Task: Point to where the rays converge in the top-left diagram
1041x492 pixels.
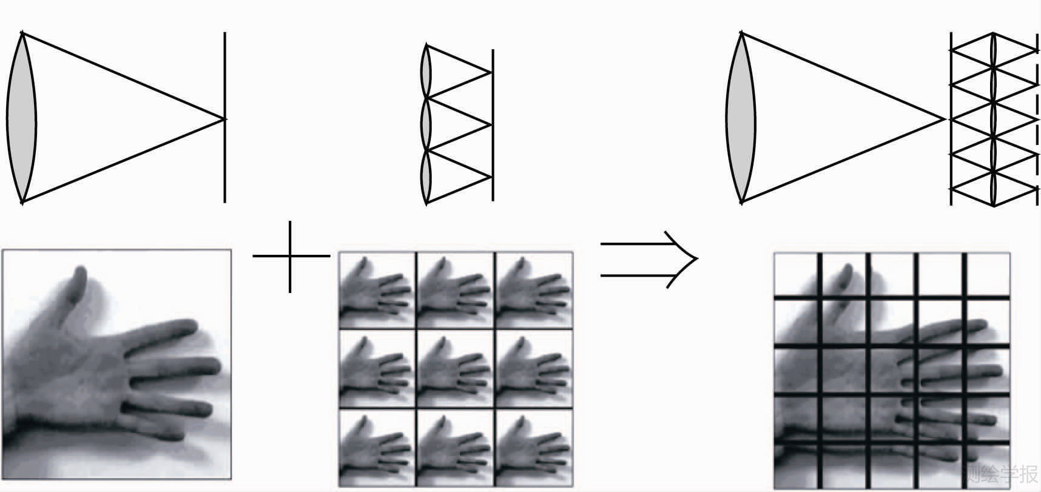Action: click(x=224, y=119)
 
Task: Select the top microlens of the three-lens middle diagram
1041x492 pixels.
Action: click(x=427, y=72)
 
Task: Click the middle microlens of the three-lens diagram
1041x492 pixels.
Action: click(x=427, y=124)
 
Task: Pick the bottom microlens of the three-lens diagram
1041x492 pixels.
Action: click(x=427, y=176)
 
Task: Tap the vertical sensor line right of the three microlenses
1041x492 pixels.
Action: click(x=493, y=152)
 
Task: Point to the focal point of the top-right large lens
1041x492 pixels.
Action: click(x=945, y=119)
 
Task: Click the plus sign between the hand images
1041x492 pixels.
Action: click(x=290, y=256)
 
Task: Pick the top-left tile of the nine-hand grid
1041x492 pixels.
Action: click(x=377, y=290)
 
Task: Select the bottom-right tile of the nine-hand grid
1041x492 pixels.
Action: click(x=533, y=448)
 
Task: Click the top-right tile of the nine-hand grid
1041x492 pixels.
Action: click(x=533, y=290)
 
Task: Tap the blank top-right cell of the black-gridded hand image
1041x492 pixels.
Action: click(x=988, y=274)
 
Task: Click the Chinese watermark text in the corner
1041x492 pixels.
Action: click(x=1001, y=473)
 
